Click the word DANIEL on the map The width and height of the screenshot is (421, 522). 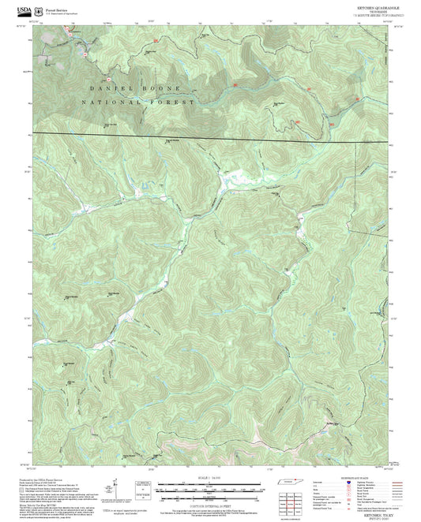tap(105, 88)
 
